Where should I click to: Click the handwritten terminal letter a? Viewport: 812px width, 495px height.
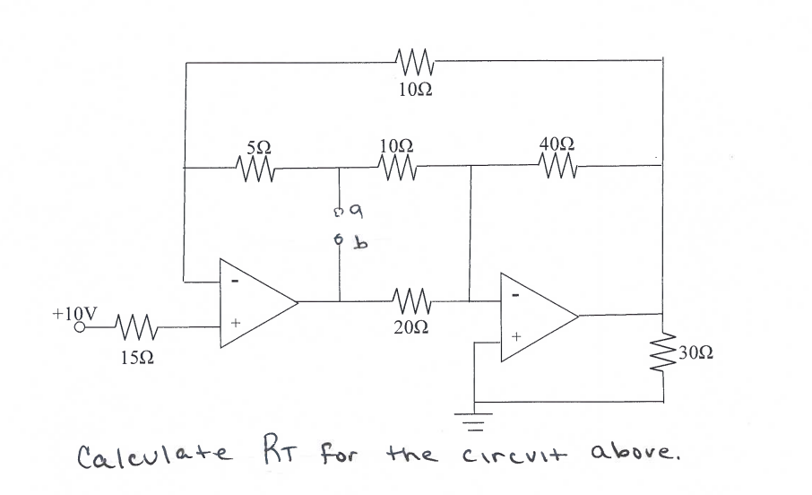(x=356, y=213)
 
